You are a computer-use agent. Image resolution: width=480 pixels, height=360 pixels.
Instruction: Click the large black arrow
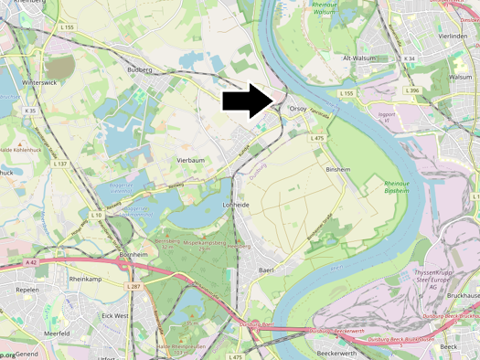tap(248, 101)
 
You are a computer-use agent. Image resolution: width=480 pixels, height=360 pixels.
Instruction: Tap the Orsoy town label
tap(298, 109)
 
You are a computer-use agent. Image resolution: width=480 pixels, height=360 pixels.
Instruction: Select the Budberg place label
tap(140, 69)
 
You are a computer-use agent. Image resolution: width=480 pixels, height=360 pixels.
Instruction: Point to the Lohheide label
tap(236, 206)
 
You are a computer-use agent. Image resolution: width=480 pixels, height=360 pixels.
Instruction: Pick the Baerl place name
tap(266, 270)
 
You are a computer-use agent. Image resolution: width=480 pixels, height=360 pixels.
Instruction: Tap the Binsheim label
tap(338, 170)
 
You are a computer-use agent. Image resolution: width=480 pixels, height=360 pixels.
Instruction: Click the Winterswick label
tap(38, 81)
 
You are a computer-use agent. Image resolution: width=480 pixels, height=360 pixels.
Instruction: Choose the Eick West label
tap(115, 315)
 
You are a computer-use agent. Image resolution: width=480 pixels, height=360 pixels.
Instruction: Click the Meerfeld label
tap(57, 334)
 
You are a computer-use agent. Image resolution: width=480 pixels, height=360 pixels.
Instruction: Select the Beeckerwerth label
tap(336, 352)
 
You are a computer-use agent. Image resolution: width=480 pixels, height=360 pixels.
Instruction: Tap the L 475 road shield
tap(317, 138)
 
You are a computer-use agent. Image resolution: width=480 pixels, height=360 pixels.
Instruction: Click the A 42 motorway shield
tap(31, 262)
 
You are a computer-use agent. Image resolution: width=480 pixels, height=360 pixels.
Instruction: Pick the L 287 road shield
tap(134, 287)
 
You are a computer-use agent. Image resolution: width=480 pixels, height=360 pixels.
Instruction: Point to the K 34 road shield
tap(410, 58)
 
